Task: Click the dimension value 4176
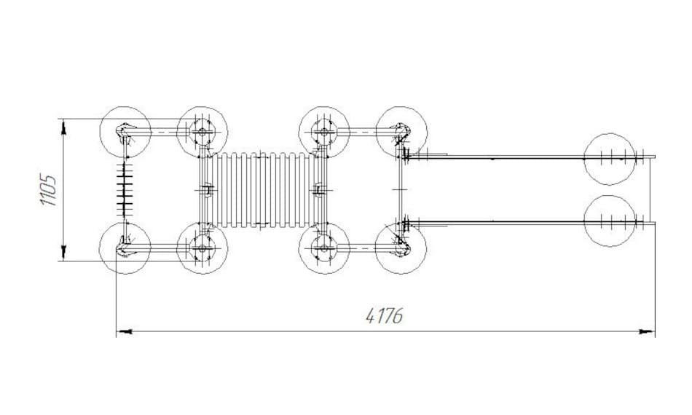tap(385, 315)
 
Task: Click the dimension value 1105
tap(49, 190)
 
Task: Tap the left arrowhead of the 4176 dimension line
tap(124, 331)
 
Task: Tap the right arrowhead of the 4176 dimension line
tap(647, 331)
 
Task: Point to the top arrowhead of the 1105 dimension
tap(63, 127)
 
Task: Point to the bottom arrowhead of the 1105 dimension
tap(63, 252)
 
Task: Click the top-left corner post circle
tap(125, 132)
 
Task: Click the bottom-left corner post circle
tap(125, 248)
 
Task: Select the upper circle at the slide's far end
tap(610, 159)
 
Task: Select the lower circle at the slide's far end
tap(610, 221)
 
